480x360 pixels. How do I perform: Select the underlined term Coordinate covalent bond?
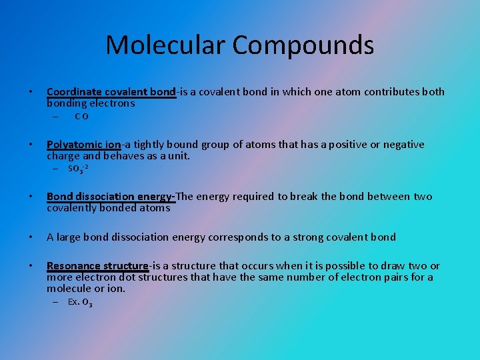tap(111, 92)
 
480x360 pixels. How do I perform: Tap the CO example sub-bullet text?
tap(82, 117)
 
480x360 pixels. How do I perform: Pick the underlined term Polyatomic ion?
tap(84, 145)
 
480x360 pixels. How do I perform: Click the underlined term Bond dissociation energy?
tap(111, 197)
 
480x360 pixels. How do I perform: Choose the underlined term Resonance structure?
tap(97, 266)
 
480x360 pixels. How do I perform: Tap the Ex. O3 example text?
tap(80, 302)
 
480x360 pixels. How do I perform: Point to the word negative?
tap(401, 145)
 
